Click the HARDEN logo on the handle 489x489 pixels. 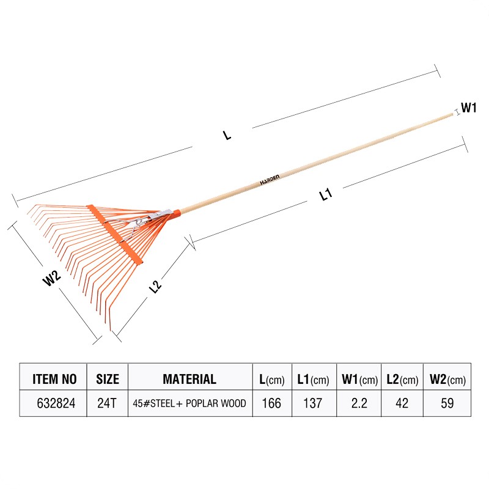tap(270, 180)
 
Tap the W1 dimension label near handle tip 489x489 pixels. tap(468, 108)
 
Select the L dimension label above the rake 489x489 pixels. tap(227, 135)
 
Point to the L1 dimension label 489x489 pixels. tap(326, 194)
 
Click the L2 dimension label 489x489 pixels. tap(155, 287)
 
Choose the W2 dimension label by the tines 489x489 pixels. tap(51, 278)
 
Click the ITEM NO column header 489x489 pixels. tap(54, 379)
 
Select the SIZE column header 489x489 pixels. tap(108, 379)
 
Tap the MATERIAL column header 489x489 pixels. tap(189, 379)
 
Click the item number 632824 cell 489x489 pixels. tap(56, 403)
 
